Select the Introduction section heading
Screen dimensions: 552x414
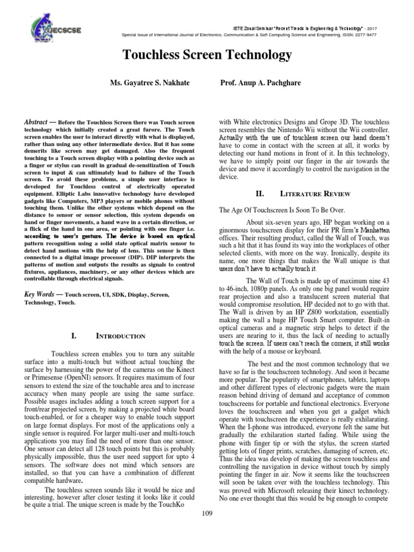pos(120,336)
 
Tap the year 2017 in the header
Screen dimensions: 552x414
pos(369,26)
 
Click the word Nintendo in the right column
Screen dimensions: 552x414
pos(307,132)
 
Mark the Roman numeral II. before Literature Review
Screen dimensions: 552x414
pos(259,193)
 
